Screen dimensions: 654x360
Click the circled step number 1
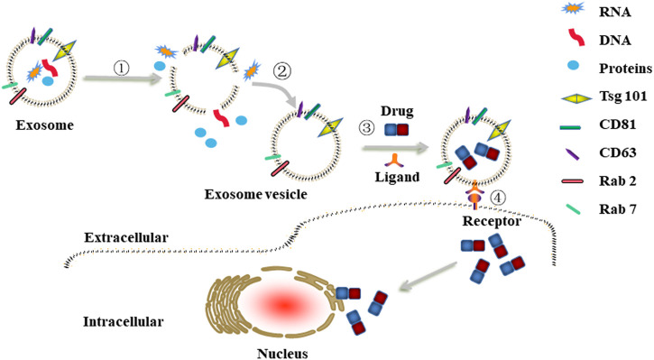click(122, 68)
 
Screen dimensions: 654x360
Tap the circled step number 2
click(282, 71)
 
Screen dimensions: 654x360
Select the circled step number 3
click(367, 127)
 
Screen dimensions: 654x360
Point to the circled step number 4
click(498, 198)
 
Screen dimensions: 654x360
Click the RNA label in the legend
click(615, 12)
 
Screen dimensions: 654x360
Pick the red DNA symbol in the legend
click(576, 38)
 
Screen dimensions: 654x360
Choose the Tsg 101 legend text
click(623, 97)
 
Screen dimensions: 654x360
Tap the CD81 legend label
click(617, 125)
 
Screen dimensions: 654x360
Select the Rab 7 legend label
click(618, 209)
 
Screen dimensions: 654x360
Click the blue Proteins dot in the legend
click(574, 65)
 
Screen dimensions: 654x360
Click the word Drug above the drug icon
click(397, 111)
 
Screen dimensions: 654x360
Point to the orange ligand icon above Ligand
click(397, 161)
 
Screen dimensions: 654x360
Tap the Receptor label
click(492, 221)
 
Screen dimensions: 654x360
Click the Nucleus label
click(282, 354)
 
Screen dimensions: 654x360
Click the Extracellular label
click(126, 237)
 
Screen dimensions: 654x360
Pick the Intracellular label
click(124, 321)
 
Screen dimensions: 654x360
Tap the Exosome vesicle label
click(255, 194)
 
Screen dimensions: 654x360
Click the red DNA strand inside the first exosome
click(50, 68)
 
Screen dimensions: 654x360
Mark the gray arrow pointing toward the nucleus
click(428, 276)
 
